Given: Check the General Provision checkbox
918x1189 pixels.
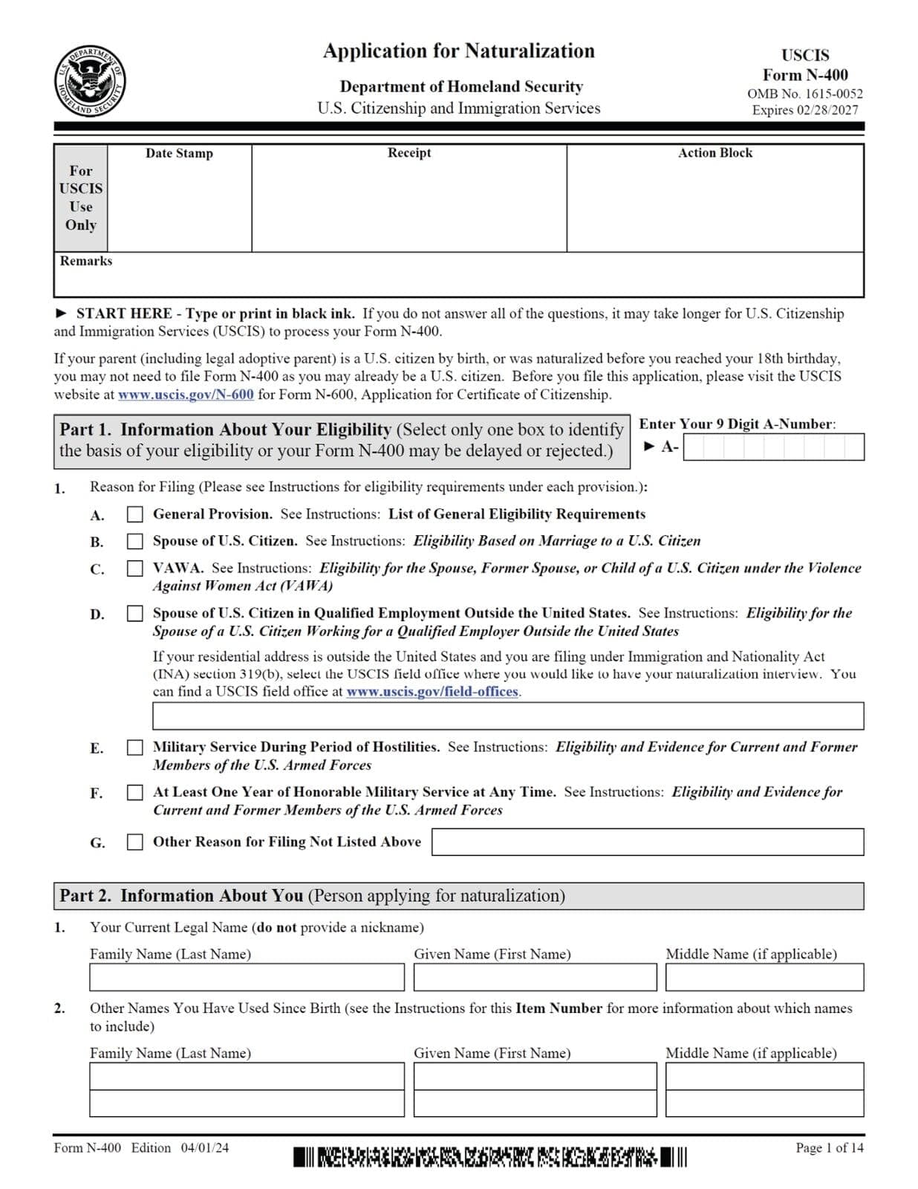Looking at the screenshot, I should coord(134,514).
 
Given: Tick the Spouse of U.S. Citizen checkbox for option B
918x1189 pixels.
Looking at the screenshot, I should coord(134,541).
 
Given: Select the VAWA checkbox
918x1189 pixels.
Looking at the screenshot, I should coord(134,568).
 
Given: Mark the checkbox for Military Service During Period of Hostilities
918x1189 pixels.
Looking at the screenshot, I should coord(134,748).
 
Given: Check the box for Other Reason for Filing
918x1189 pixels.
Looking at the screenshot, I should coord(134,842).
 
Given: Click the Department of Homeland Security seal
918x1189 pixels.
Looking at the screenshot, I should coord(90,82).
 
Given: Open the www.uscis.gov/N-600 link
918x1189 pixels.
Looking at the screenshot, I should coord(186,395).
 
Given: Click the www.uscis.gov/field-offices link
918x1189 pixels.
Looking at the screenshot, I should coord(432,692).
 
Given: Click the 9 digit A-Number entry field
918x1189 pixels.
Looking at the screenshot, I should coord(772,447).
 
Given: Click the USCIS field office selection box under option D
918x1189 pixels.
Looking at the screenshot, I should coord(507,716).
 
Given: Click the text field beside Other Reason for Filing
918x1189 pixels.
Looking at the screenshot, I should coord(647,842).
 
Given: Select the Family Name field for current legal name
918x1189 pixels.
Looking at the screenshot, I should coord(247,977).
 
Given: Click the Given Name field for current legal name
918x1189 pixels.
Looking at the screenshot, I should coord(535,977).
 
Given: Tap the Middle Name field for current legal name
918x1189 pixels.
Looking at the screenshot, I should coord(764,977).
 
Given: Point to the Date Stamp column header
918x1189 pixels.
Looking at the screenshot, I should coord(179,153).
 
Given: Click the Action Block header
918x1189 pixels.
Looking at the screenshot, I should coord(714,152).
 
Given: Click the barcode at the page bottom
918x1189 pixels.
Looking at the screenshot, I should coord(490,1157).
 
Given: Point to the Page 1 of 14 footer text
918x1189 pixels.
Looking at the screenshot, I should coord(829,1147).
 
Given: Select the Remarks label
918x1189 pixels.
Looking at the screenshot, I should coord(86,261).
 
